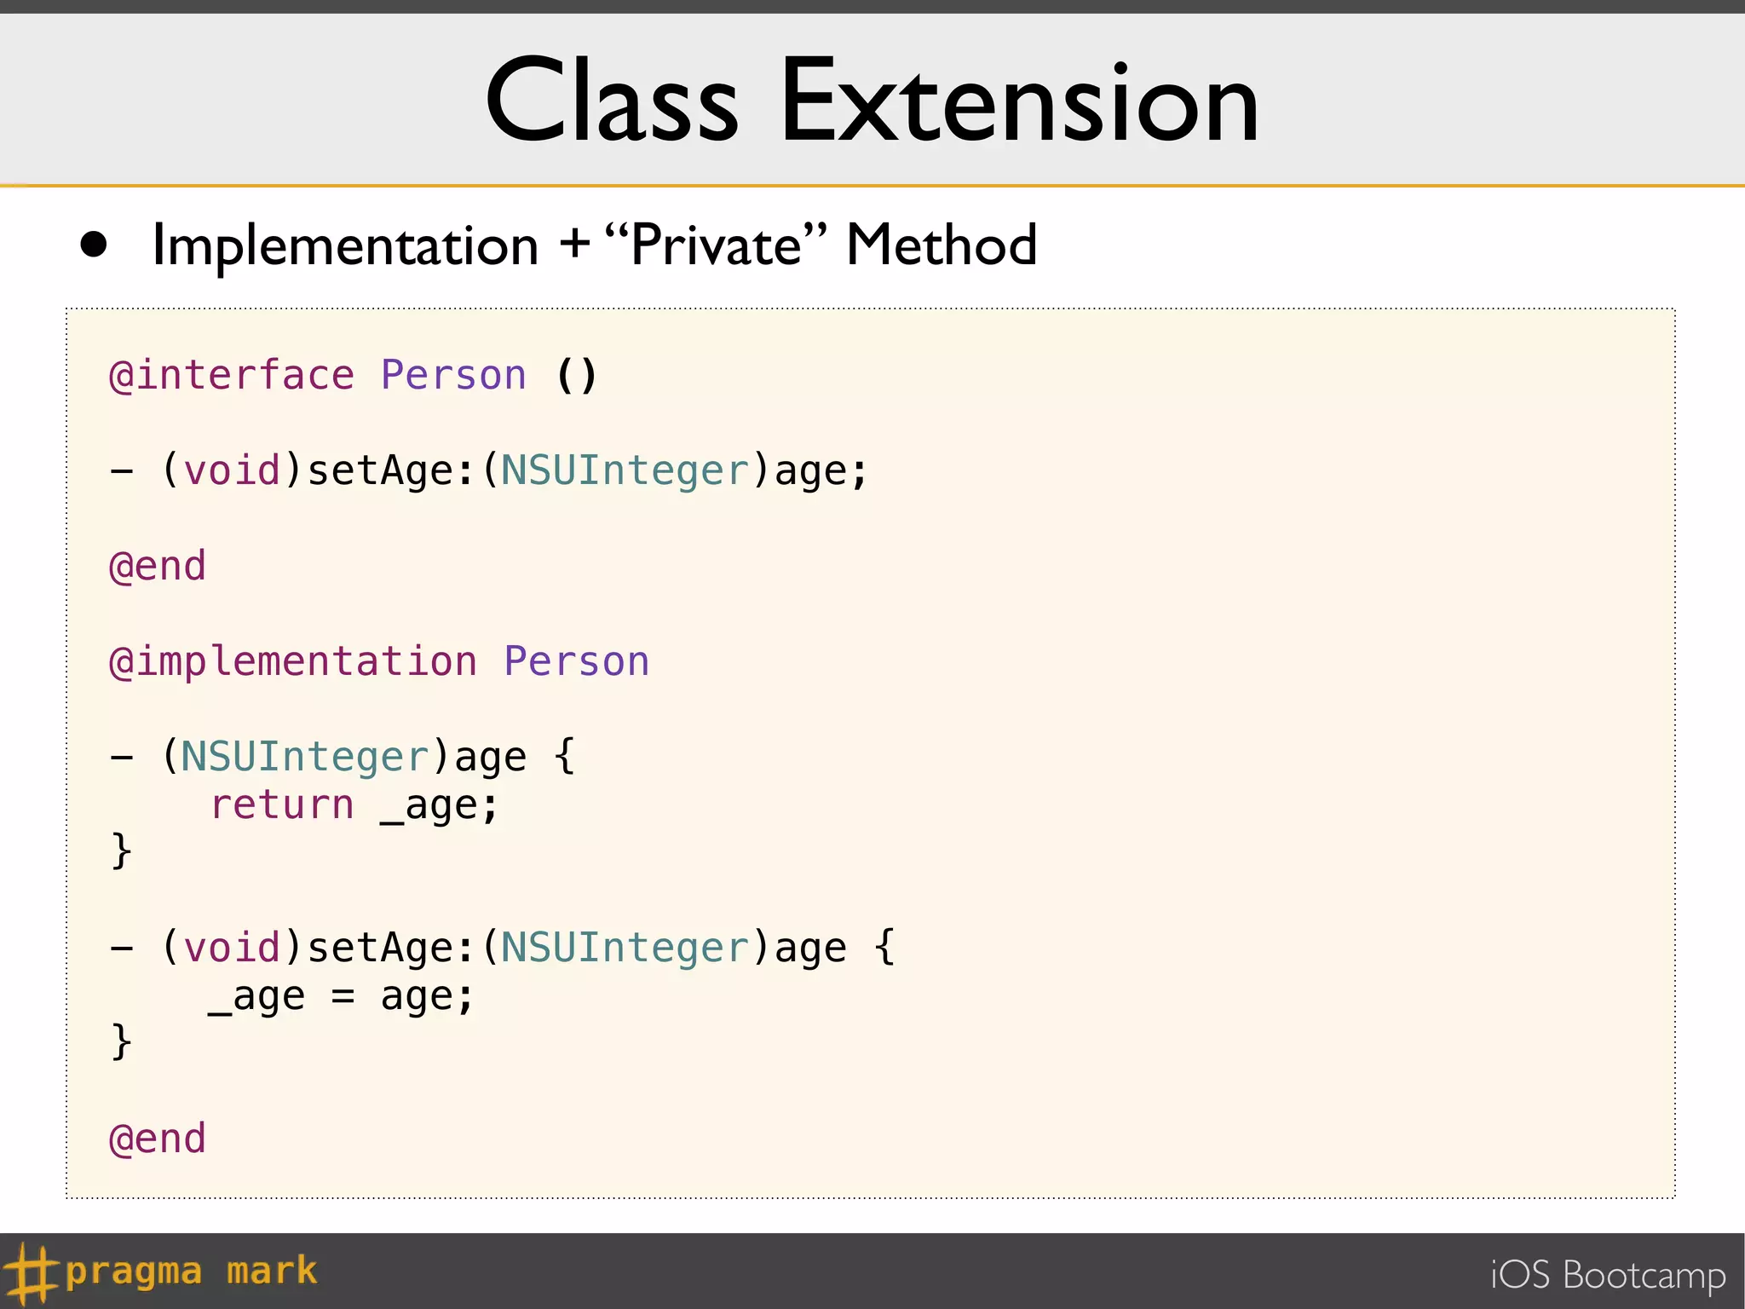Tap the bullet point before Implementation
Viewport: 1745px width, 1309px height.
(x=94, y=245)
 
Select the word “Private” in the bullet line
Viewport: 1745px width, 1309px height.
(x=716, y=245)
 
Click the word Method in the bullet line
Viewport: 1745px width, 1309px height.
(x=941, y=245)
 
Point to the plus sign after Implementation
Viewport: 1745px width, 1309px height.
(x=575, y=244)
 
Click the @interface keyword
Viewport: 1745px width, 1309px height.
(x=232, y=376)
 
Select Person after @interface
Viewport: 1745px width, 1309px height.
(x=453, y=376)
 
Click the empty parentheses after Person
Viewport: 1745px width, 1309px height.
(x=577, y=376)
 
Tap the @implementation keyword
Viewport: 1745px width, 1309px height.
(x=293, y=662)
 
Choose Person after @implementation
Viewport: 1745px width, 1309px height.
(x=576, y=662)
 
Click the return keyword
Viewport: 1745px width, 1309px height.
(x=282, y=805)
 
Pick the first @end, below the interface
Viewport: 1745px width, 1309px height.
(x=158, y=567)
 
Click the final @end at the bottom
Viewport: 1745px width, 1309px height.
(x=158, y=1139)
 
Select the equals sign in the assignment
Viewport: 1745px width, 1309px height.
(x=343, y=996)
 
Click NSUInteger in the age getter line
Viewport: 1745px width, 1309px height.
(x=305, y=758)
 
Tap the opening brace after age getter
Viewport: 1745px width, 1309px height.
(x=564, y=756)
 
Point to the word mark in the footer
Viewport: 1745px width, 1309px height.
(x=272, y=1272)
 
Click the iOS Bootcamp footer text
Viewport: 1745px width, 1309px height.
(x=1608, y=1276)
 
